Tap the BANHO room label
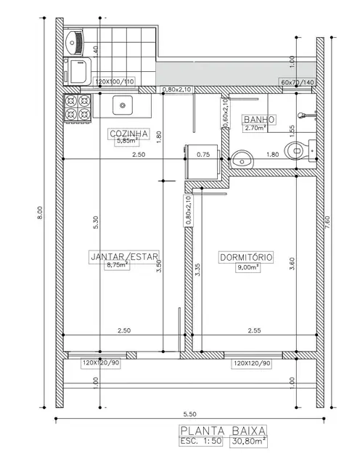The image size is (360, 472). pyautogui.click(x=258, y=120)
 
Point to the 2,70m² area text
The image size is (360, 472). pyautogui.click(x=256, y=128)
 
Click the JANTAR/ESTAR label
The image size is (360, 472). pyautogui.click(x=123, y=256)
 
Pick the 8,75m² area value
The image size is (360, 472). pyautogui.click(x=118, y=265)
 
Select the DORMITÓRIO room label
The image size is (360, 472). pyautogui.click(x=245, y=257)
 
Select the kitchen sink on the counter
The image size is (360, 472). pyautogui.click(x=122, y=106)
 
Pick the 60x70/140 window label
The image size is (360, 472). pyautogui.click(x=296, y=83)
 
